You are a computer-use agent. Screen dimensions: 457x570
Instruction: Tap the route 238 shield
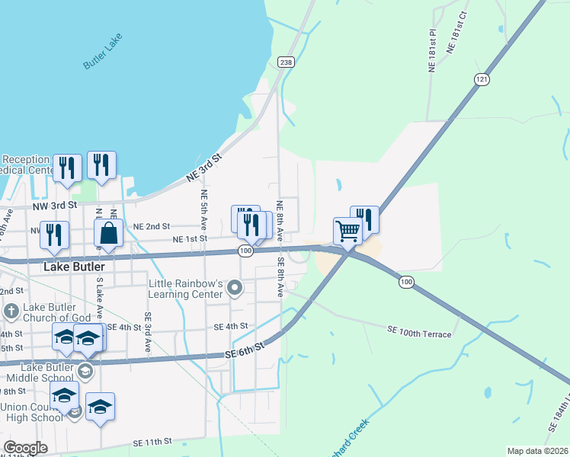pos(286,62)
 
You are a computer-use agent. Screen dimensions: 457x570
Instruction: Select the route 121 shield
pos(481,79)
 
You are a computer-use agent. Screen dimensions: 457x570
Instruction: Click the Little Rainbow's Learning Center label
pos(186,289)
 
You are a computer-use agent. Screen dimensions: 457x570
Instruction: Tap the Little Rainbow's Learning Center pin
pos(235,288)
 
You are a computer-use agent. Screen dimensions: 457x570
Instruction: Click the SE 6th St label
pos(245,350)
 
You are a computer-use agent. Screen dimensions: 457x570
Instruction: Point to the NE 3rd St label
pos(203,168)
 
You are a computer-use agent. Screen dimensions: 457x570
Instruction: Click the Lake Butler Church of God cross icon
pos(11,311)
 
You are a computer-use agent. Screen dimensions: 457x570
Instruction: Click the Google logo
pos(25,448)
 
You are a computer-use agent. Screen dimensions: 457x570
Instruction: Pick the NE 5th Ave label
pos(204,211)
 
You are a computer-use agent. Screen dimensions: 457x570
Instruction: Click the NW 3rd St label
pos(55,206)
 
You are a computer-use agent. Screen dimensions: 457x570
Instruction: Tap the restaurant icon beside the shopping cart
pos(365,219)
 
